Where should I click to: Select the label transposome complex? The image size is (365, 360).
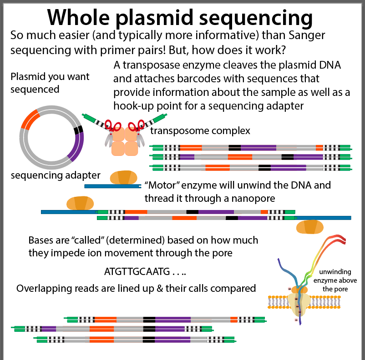(200, 131)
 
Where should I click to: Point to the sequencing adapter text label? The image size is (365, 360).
(56, 175)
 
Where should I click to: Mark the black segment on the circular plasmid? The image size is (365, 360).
(79, 129)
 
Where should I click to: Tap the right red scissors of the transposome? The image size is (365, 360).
(137, 125)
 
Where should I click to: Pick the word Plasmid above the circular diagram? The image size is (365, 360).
(27, 76)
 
